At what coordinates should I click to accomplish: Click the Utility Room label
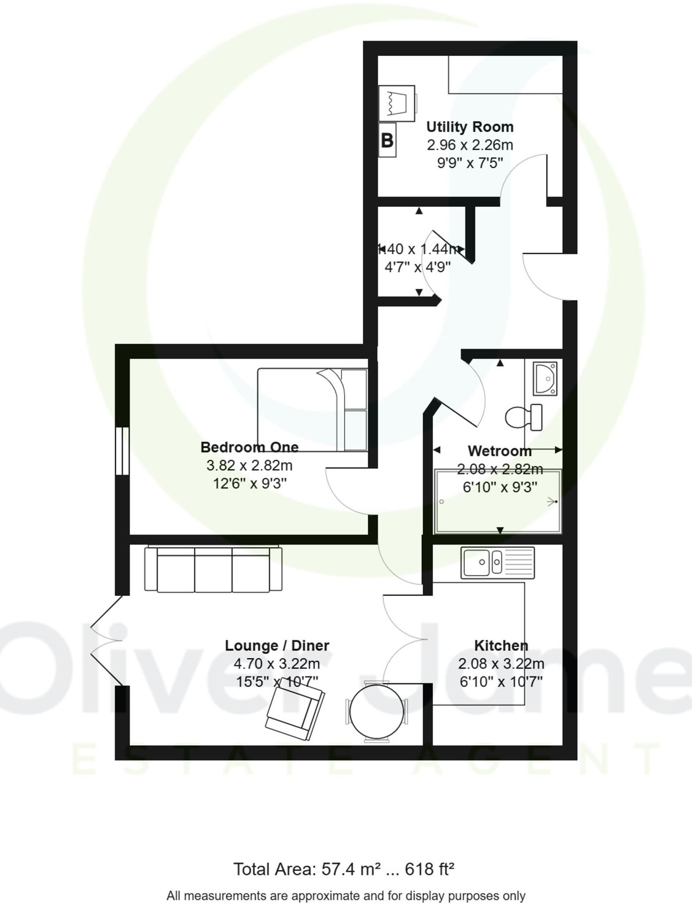470,127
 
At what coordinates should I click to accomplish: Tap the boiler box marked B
387,141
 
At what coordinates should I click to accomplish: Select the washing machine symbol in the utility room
397,103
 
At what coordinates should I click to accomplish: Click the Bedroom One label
249,447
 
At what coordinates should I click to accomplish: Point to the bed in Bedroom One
312,410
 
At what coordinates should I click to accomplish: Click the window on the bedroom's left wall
122,451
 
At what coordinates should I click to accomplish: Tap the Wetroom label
500,451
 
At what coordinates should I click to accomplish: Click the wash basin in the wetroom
545,378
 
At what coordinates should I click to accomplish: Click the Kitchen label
501,645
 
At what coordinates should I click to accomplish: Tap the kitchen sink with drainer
497,562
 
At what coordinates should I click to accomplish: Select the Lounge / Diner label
277,645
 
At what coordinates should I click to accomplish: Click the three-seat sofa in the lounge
213,569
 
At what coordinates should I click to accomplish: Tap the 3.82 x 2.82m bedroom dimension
249,465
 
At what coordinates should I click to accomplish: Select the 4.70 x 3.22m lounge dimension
277,664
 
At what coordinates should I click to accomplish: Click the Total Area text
344,869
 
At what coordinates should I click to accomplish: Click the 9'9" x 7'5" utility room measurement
470,163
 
